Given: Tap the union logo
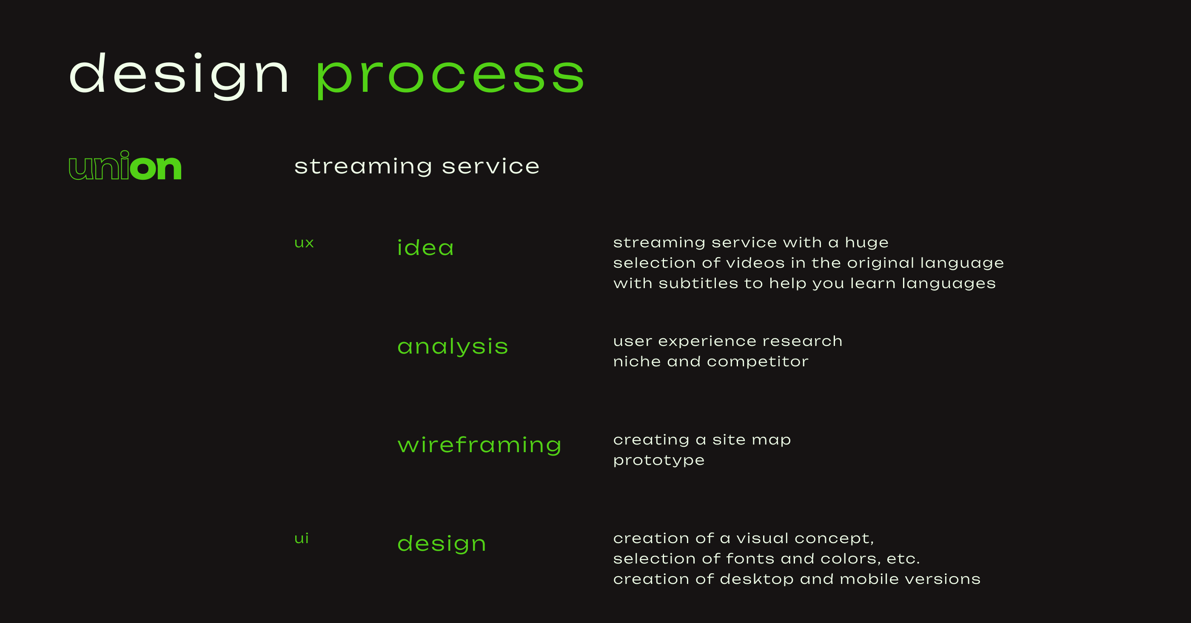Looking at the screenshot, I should point(125,166).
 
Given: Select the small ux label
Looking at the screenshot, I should point(304,243).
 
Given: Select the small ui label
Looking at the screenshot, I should point(302,538).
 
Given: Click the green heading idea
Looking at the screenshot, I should point(425,248).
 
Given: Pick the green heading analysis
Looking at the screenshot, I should point(453,346).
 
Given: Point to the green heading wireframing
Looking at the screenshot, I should point(479,445).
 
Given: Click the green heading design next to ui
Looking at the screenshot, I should point(442,544).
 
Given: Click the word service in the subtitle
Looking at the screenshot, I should point(490,166).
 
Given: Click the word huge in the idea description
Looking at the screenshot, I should point(866,243).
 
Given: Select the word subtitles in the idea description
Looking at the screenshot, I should point(698,283).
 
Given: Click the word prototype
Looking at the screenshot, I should point(658,460).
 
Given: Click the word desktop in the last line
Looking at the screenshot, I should point(756,579).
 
